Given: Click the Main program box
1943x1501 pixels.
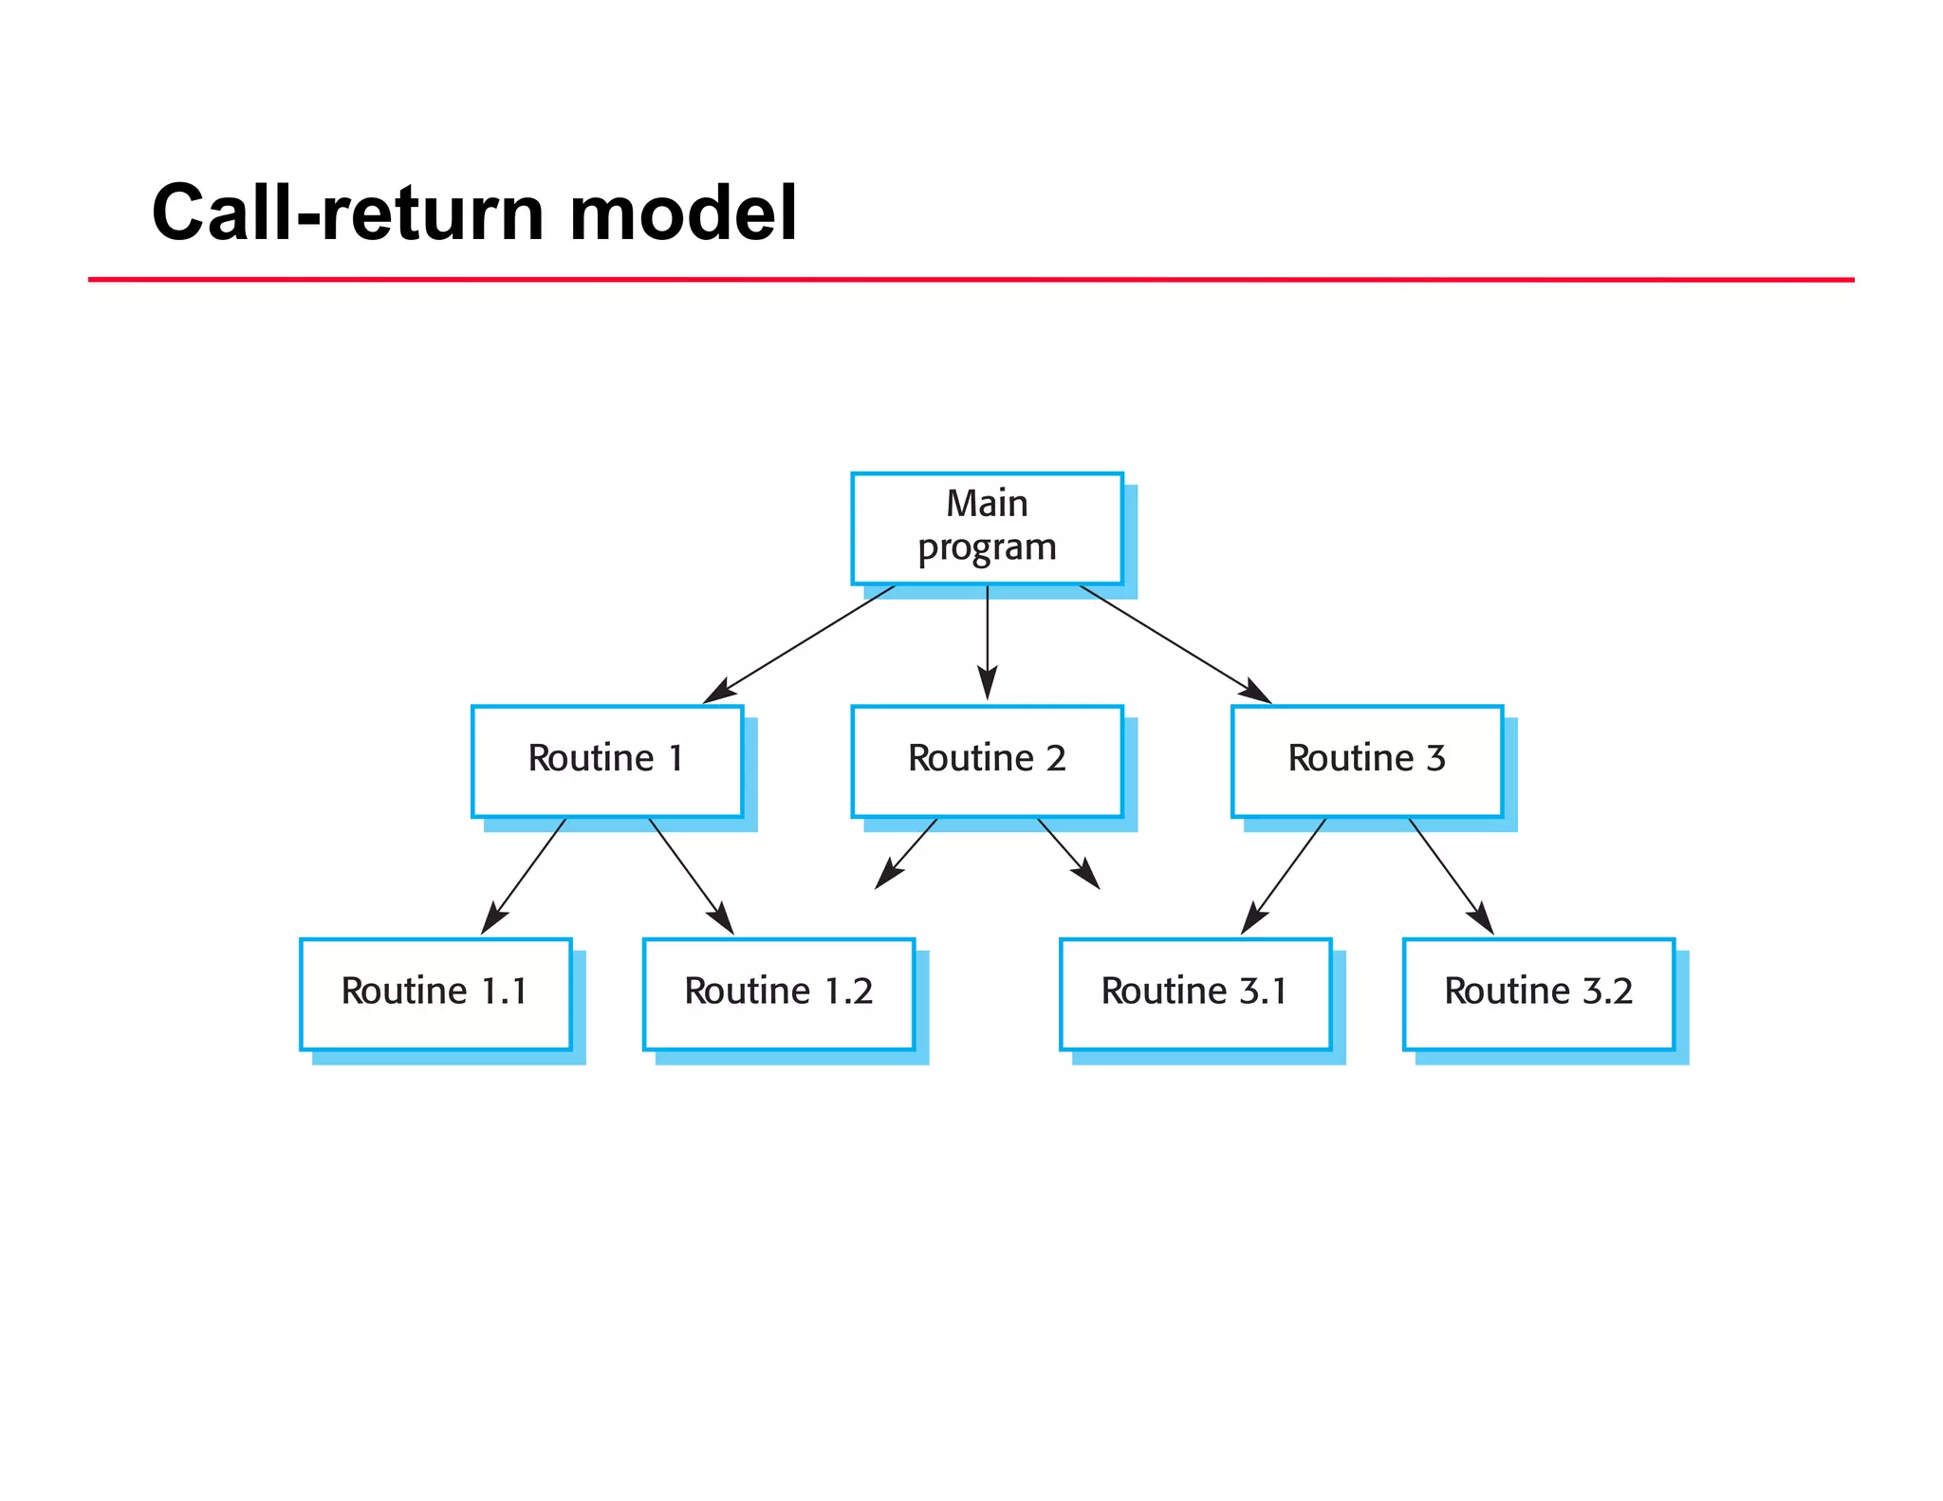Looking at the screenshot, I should click(987, 528).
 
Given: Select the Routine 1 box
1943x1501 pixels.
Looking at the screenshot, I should click(607, 760).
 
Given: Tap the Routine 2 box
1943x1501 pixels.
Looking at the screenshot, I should click(987, 760).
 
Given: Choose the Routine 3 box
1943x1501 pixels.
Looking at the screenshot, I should click(1366, 760).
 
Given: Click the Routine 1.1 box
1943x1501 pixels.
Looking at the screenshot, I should click(435, 993).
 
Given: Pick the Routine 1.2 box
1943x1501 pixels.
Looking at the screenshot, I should click(778, 993).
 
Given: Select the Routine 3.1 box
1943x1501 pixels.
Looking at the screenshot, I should click(1195, 993).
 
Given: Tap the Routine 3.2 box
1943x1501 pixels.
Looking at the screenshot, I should click(1538, 993).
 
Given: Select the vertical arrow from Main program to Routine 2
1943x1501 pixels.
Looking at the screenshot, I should click(988, 640).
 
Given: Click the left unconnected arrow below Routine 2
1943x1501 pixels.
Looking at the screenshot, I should click(907, 852).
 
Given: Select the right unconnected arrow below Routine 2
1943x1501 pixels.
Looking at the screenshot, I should click(1068, 852).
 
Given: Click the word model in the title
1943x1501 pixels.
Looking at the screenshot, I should click(682, 213).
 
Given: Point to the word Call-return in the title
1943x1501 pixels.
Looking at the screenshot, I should click(347, 213).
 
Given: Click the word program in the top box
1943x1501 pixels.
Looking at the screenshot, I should click(987, 548).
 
